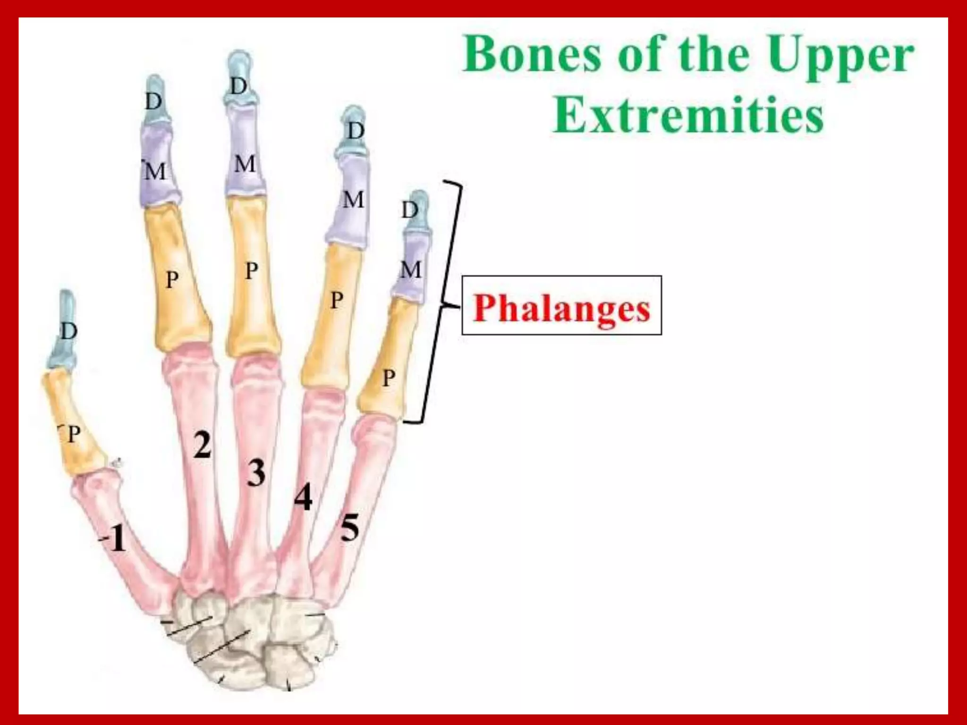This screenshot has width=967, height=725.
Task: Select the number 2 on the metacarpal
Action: pyautogui.click(x=203, y=445)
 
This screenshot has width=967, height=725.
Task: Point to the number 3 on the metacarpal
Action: pyautogui.click(x=256, y=473)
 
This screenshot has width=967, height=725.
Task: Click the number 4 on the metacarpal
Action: pyautogui.click(x=303, y=497)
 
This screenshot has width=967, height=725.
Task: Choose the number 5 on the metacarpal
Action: pyautogui.click(x=350, y=528)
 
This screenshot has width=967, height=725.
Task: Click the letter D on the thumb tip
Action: pyautogui.click(x=69, y=331)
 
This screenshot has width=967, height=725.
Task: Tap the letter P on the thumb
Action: pyautogui.click(x=74, y=434)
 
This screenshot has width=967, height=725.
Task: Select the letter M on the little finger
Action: pyautogui.click(x=410, y=270)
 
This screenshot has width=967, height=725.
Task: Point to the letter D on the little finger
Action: pyautogui.click(x=410, y=210)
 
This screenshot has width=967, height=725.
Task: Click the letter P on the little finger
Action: pyautogui.click(x=389, y=378)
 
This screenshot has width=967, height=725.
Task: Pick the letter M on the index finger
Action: pyautogui.click(x=155, y=171)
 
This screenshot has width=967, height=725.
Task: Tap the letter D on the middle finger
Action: pyautogui.click(x=239, y=86)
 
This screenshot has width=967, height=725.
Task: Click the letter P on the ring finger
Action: pyautogui.click(x=336, y=300)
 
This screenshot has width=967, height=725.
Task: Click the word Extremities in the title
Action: pyautogui.click(x=688, y=115)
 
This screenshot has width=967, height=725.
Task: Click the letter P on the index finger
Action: pyautogui.click(x=172, y=280)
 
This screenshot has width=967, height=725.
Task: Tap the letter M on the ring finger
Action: pyautogui.click(x=354, y=200)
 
